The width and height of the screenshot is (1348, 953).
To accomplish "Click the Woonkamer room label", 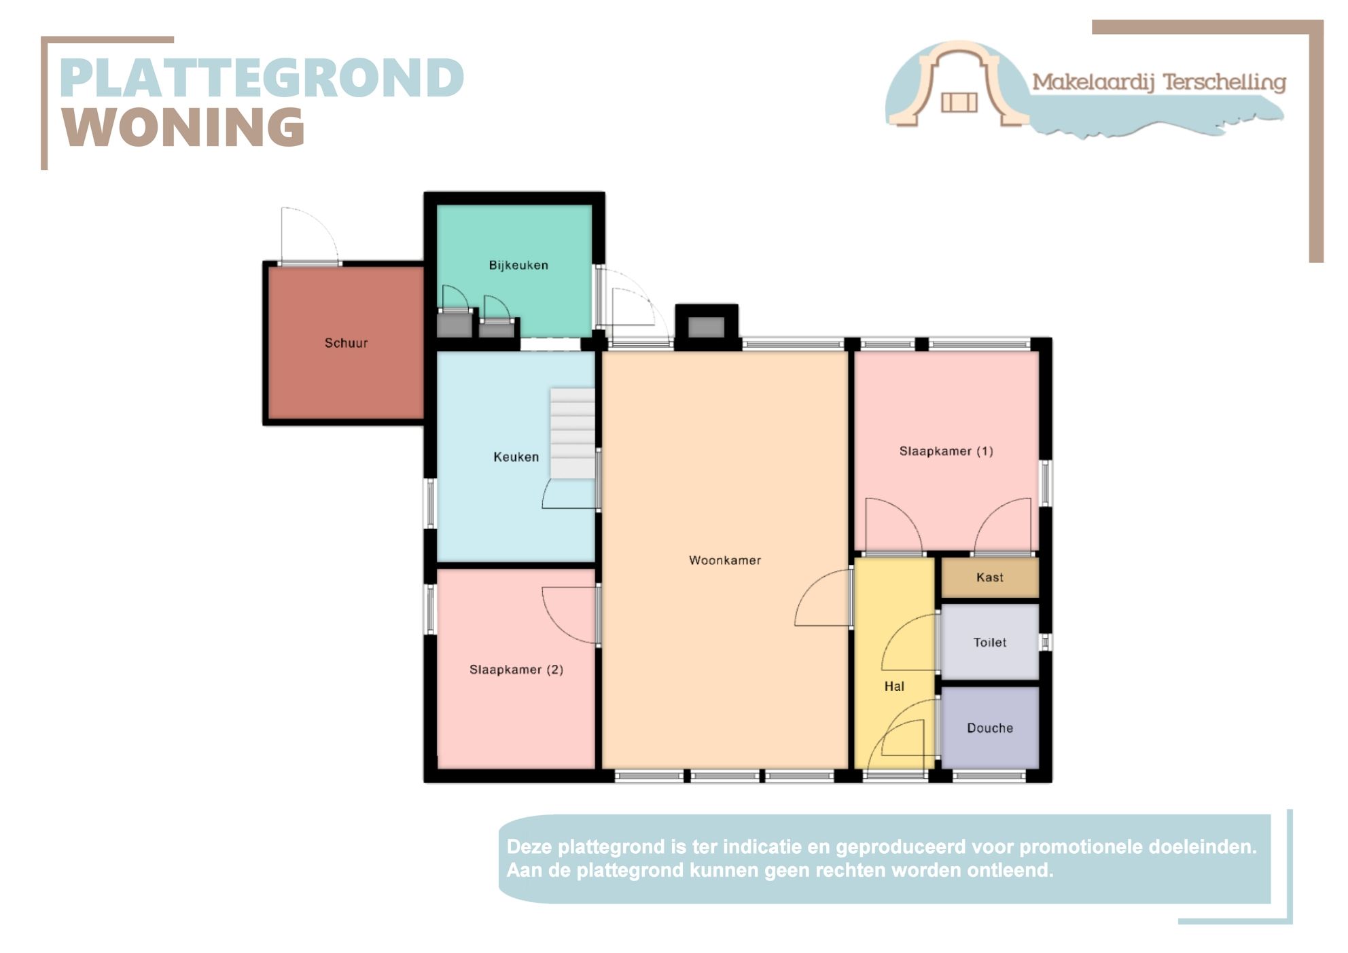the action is coord(724,560).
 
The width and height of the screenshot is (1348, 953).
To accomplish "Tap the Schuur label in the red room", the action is coord(346,343).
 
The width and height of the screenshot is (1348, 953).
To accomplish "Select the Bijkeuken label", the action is coord(518,265).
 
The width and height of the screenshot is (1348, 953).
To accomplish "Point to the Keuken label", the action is coord(516,457).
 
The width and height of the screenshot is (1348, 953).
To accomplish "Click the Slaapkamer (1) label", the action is coord(946,451).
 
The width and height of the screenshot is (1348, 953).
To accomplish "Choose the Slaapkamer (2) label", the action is coord(516,670).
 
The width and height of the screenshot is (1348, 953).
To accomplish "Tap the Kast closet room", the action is coord(990,577).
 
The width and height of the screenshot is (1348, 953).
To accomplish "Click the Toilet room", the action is coord(990,642).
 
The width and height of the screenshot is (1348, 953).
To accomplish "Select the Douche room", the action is coord(990,727).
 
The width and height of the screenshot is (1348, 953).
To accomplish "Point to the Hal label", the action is coord(894,686).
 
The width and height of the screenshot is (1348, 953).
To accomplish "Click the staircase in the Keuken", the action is coord(572,433).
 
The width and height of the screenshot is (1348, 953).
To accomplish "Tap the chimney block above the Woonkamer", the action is coord(707,327).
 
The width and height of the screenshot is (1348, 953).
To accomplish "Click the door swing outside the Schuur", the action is coord(311,234).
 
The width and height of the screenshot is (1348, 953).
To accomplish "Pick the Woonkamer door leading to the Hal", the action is coord(823,598).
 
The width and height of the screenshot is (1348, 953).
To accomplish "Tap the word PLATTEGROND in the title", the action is coord(262,77).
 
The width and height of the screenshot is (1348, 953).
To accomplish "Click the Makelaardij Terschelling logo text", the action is coord(1159,83).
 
